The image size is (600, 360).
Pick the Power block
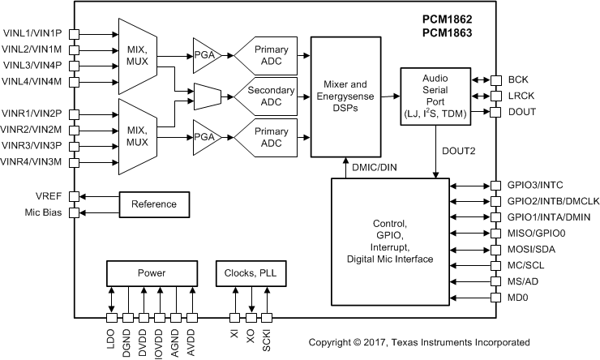(151, 273)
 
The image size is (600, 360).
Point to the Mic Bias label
(45, 212)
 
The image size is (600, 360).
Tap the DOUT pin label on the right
(521, 110)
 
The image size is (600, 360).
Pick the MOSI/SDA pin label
(532, 249)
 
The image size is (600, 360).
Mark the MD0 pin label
(517, 298)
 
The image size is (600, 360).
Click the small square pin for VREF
(74, 196)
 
